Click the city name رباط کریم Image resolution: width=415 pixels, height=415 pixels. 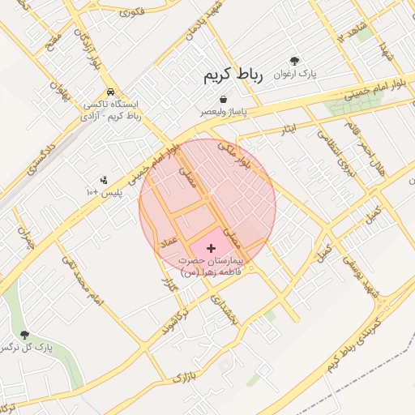tap(234, 77)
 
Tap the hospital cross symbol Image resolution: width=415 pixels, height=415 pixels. tap(212, 247)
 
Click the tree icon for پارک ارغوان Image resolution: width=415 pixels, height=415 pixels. tap(294, 61)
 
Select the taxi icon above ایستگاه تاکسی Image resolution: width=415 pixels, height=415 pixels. tap(109, 92)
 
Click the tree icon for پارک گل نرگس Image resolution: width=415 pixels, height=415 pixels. tap(24, 334)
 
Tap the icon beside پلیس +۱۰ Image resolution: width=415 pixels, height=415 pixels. tap(103, 180)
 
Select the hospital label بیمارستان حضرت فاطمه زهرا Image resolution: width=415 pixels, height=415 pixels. tap(212, 267)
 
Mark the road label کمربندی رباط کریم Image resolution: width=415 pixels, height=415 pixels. tap(365, 340)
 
